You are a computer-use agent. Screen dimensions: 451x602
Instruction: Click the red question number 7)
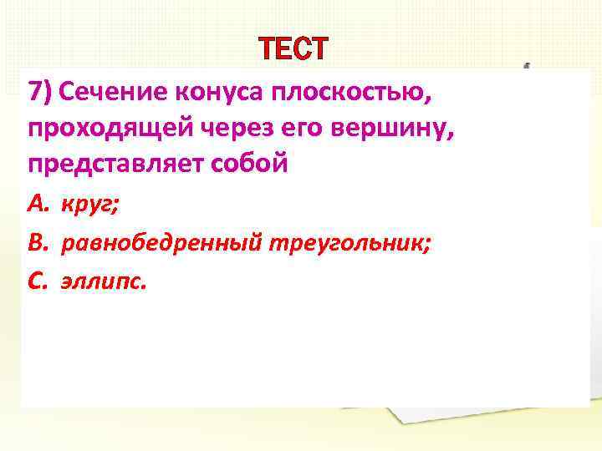pos(40,92)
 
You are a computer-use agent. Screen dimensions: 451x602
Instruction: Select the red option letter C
pos(37,281)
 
